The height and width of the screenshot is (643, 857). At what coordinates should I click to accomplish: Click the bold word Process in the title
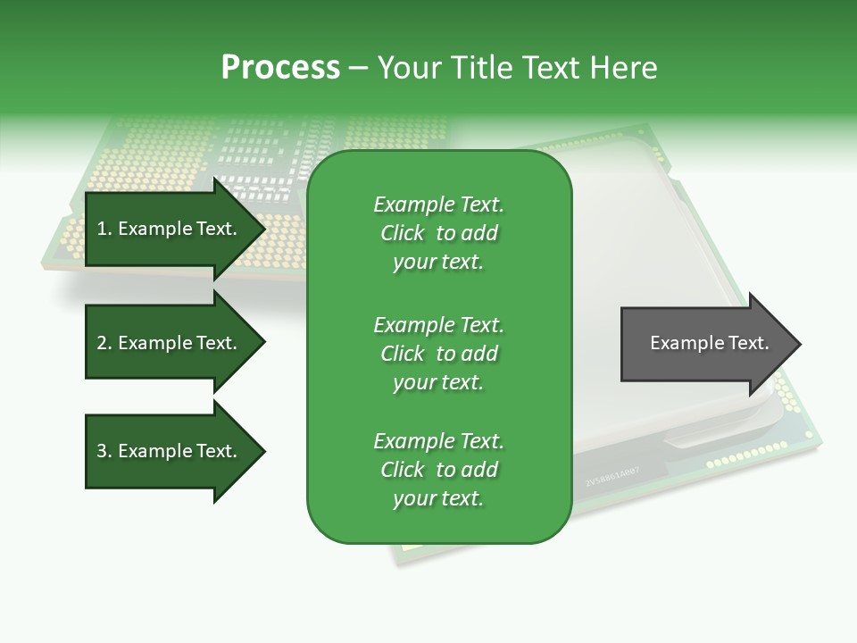280,68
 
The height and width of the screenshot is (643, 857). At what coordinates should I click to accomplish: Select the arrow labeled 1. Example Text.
170,230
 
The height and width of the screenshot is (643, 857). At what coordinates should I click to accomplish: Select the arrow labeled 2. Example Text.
170,343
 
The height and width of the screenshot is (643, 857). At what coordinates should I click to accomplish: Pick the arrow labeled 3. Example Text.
170,451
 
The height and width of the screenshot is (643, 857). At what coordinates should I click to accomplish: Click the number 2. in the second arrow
104,343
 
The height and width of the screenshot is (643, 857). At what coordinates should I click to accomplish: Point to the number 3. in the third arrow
104,451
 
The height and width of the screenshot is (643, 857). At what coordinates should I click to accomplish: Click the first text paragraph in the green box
438,233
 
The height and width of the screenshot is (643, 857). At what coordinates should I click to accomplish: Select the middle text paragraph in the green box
438,354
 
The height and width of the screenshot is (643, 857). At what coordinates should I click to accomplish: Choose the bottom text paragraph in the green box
438,470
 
